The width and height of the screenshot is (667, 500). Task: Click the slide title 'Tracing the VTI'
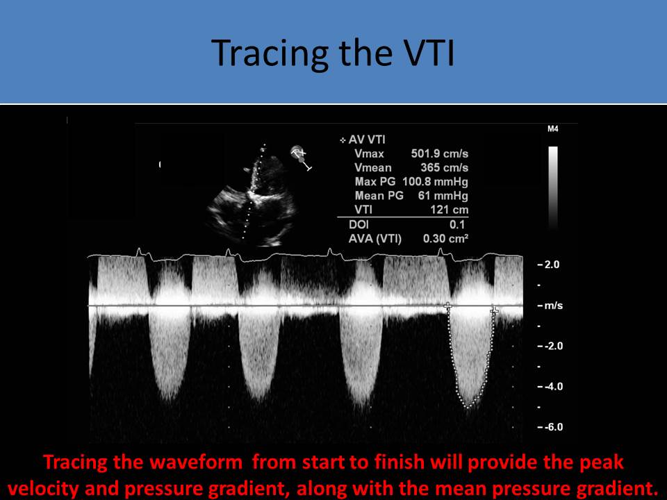click(333, 53)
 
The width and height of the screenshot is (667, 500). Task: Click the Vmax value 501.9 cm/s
click(439, 153)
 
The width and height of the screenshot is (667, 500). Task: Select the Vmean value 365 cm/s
click(444, 167)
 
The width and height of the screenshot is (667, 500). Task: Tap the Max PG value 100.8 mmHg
click(435, 181)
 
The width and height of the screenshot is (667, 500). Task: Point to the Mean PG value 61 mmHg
click(443, 196)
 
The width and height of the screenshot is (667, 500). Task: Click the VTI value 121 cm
click(450, 210)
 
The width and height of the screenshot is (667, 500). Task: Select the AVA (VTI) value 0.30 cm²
click(445, 238)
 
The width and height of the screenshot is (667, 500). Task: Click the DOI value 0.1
click(457, 224)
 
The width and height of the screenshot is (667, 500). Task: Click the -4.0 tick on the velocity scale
click(550, 387)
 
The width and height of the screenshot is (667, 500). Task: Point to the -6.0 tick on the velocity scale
click(550, 427)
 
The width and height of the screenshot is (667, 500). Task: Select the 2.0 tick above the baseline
click(549, 265)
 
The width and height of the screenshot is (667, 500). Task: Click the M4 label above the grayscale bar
click(552, 129)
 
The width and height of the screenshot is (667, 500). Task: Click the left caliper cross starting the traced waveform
click(447, 306)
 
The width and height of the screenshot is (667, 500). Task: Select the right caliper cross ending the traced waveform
click(494, 311)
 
